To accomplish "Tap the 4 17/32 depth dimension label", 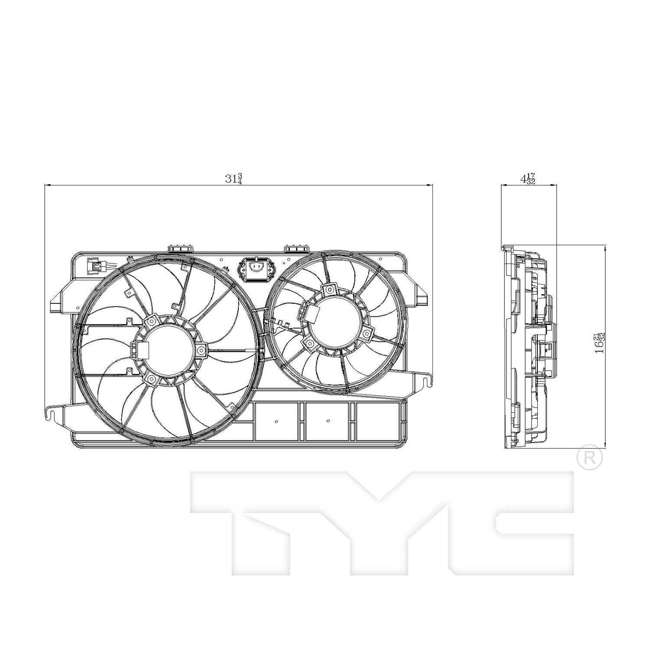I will (x=528, y=179).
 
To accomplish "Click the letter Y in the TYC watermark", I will (x=377, y=520).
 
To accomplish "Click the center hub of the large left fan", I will (x=169, y=351).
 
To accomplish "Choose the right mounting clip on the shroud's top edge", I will (x=296, y=249).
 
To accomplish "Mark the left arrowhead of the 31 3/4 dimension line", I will (x=47, y=185).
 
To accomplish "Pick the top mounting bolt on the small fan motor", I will (x=330, y=289).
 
